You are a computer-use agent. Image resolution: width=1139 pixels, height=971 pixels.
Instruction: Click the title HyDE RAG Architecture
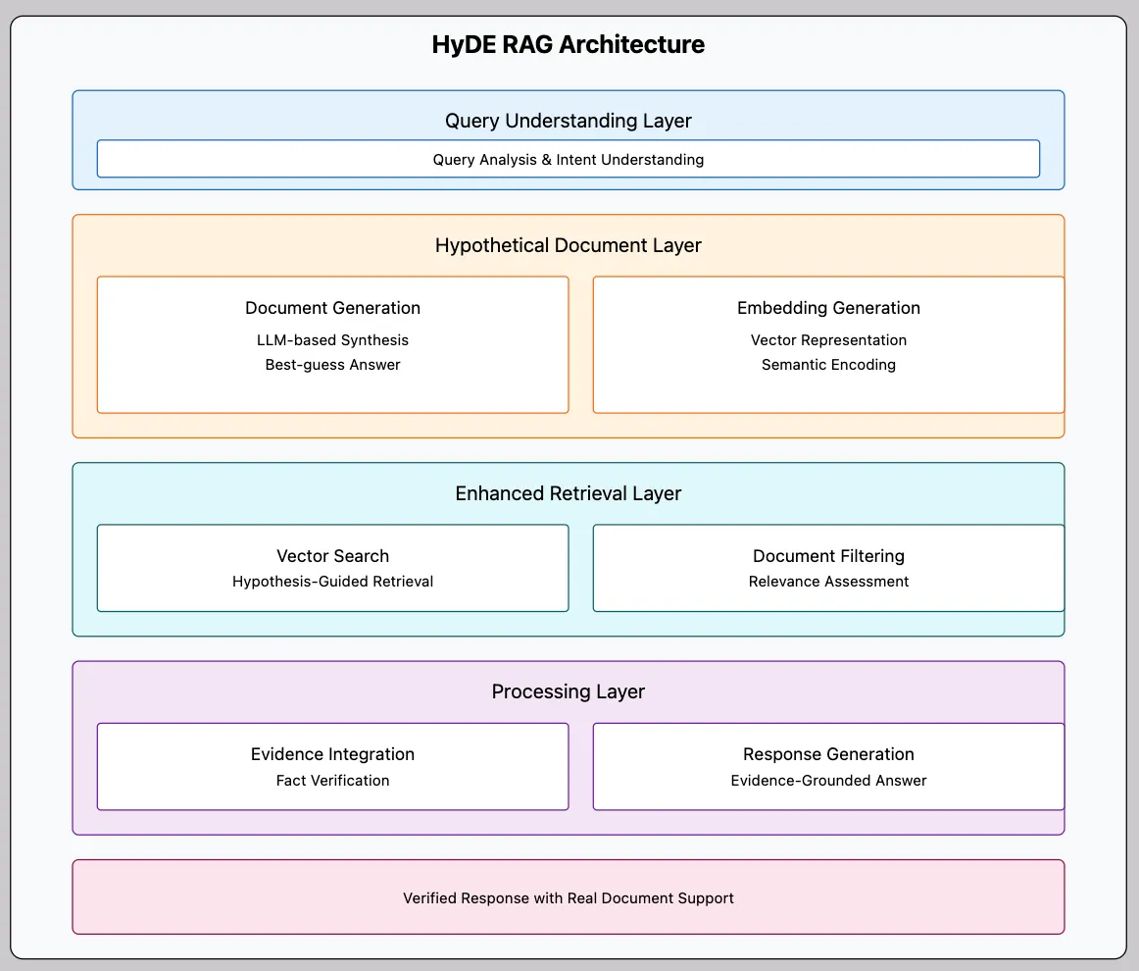click(569, 45)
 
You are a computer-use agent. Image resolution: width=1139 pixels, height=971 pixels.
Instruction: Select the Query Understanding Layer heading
click(569, 121)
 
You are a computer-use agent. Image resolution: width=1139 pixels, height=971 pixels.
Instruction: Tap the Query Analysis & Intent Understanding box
click(569, 159)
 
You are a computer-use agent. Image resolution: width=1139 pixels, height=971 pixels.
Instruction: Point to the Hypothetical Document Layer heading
click(569, 245)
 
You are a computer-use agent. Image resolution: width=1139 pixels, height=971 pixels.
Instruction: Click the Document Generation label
click(332, 308)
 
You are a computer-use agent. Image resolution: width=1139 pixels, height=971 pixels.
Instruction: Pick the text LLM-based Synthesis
click(332, 340)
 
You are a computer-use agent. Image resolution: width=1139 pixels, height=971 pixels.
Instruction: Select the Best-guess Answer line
click(332, 365)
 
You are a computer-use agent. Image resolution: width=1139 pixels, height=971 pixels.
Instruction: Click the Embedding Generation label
click(828, 308)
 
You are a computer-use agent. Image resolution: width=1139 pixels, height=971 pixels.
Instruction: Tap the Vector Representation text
click(828, 340)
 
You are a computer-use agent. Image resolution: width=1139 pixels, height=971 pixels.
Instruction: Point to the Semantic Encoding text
click(828, 365)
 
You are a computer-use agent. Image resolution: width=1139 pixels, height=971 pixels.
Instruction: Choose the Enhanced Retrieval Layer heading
click(569, 493)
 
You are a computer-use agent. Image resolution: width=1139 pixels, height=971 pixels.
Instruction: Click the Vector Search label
click(332, 556)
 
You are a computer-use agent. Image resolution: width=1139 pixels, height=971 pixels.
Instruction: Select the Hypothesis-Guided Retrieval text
click(332, 582)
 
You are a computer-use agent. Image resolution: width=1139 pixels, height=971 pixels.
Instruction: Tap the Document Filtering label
click(828, 556)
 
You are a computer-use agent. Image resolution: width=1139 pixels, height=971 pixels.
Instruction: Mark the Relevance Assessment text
click(828, 582)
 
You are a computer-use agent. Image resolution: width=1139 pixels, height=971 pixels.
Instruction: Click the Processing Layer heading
click(569, 691)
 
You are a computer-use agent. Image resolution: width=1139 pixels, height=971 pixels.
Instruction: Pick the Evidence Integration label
click(332, 754)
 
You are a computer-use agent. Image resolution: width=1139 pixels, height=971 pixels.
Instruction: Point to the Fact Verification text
click(332, 781)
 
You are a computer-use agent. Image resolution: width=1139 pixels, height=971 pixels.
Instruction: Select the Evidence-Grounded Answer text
click(828, 781)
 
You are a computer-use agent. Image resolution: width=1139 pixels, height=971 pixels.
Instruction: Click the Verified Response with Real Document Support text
click(569, 897)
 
